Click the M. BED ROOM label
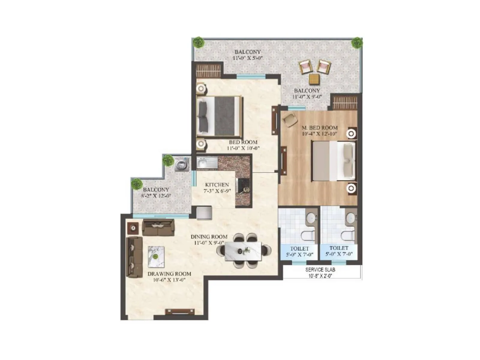tap(319, 127)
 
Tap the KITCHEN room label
tap(217, 185)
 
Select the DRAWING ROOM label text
tap(169, 274)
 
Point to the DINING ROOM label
tap(209, 237)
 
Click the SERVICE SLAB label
tap(320, 270)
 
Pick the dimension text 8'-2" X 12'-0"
tap(156, 196)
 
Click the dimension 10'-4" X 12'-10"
tap(319, 134)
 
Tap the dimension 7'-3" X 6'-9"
tap(217, 191)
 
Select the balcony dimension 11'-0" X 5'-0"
tap(248, 58)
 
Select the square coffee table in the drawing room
tap(156, 257)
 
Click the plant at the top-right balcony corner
tap(357, 43)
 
